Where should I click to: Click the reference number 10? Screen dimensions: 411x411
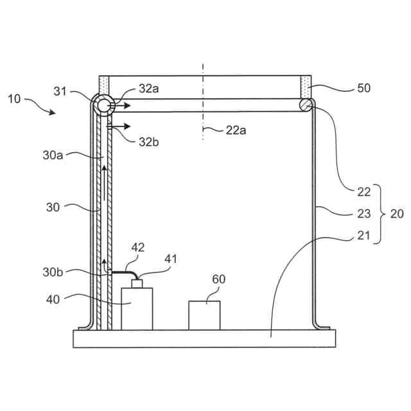click(x=14, y=99)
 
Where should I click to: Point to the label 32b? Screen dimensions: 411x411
click(x=148, y=141)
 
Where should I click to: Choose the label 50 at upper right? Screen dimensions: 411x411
click(x=363, y=88)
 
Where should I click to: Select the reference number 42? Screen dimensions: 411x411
click(x=139, y=247)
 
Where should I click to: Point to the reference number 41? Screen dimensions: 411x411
click(x=170, y=259)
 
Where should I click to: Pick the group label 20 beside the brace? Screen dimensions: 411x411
click(x=397, y=214)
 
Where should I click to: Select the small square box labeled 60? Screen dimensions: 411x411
click(x=204, y=315)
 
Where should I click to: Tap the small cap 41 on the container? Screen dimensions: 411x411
click(x=136, y=283)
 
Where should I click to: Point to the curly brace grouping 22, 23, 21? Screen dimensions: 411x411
click(x=379, y=214)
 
